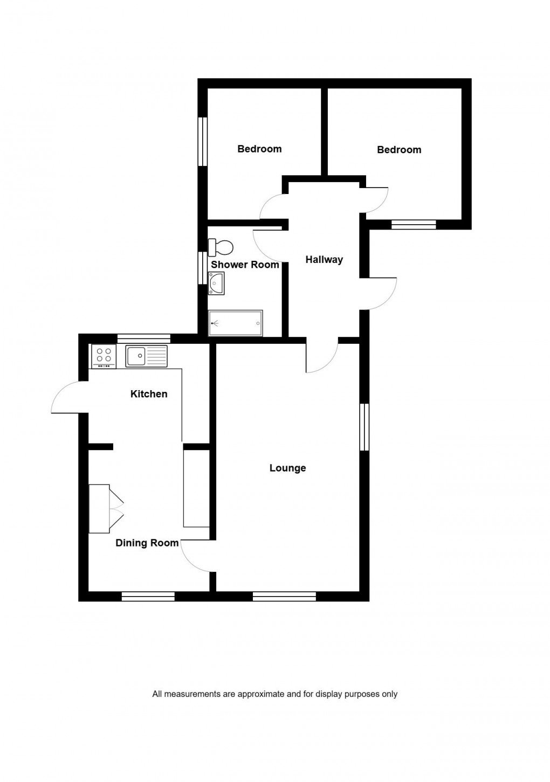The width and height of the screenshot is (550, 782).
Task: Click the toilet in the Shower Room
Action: [x=222, y=247]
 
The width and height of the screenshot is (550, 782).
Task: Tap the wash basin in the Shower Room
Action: [x=217, y=283]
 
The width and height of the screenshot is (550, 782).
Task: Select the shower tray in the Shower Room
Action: [x=236, y=323]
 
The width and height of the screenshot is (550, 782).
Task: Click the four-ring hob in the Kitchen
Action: [x=104, y=355]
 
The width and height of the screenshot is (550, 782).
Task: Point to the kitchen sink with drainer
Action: [x=147, y=355]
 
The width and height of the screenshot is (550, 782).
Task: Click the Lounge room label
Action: [x=287, y=468]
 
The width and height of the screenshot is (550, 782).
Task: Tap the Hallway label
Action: [x=324, y=259]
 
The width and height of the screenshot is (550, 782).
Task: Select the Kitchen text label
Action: [x=149, y=394]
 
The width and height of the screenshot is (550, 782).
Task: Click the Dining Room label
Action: [x=147, y=543]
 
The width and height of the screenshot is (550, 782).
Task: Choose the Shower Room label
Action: [x=245, y=264]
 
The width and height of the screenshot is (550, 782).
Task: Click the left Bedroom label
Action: [x=259, y=149]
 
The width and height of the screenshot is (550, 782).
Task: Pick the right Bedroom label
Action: [x=399, y=149]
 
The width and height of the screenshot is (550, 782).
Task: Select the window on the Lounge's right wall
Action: [x=365, y=427]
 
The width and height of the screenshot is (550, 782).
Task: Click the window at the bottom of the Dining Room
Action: [x=148, y=596]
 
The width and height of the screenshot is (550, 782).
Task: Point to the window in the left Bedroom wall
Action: [x=203, y=142]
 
